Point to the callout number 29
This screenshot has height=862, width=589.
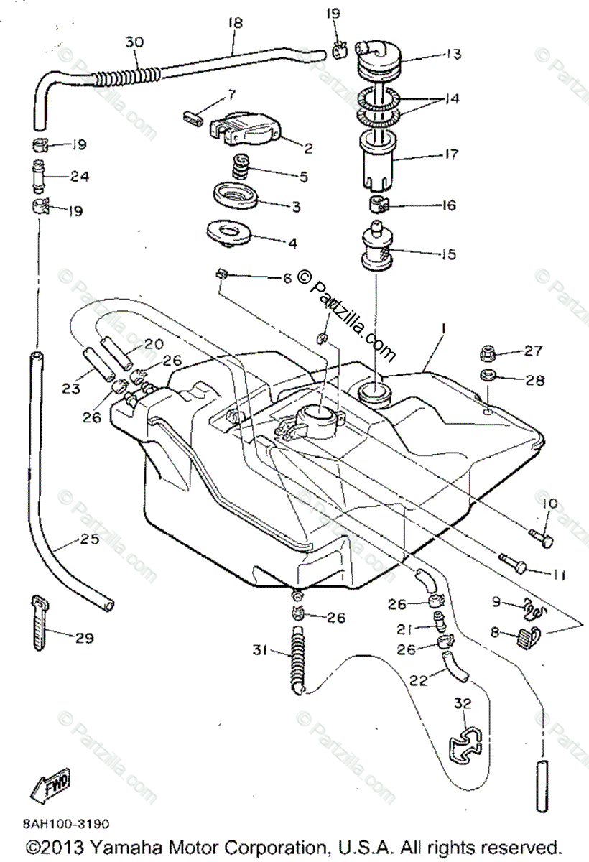tap(84, 637)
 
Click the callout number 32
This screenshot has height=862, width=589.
tap(463, 703)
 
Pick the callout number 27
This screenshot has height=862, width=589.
tap(534, 351)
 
